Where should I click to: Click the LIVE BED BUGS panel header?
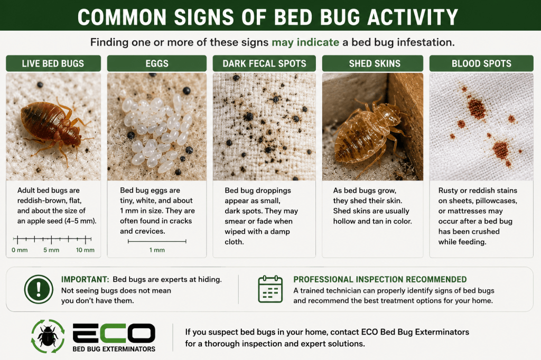pyautogui.click(x=53, y=63)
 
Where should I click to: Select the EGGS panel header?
pyautogui.click(x=157, y=63)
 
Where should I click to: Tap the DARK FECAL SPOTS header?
pyautogui.click(x=264, y=63)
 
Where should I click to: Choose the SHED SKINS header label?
pyautogui.click(x=375, y=63)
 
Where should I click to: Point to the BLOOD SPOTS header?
pyautogui.click(x=481, y=63)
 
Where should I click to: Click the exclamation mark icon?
pyautogui.click(x=39, y=289)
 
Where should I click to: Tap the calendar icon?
pyautogui.click(x=270, y=289)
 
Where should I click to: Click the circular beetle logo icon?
pyautogui.click(x=48, y=336)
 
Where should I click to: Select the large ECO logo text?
pyautogui.click(x=114, y=334)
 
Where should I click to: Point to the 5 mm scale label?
pyautogui.click(x=51, y=250)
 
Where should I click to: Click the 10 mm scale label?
pyautogui.click(x=85, y=250)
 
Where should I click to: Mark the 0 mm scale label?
pyautogui.click(x=20, y=250)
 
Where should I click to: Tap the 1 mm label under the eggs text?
pyautogui.click(x=157, y=250)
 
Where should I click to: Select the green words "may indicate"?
pyautogui.click(x=305, y=42)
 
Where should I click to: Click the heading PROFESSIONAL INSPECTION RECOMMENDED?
pyautogui.click(x=380, y=279)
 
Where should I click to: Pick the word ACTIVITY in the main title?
pyautogui.click(x=412, y=17)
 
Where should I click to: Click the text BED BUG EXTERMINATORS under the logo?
pyautogui.click(x=114, y=349)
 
